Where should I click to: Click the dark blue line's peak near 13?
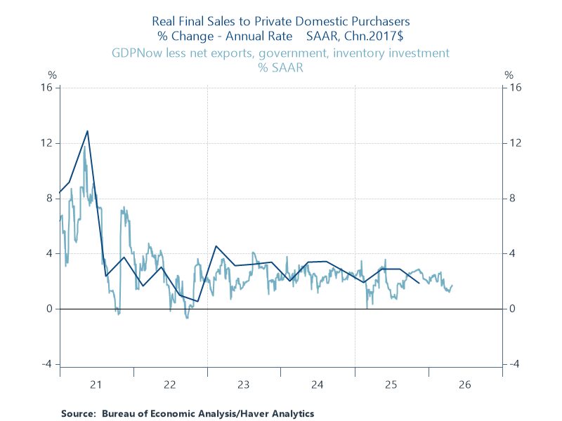[x=87, y=131]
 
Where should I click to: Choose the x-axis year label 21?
[x=96, y=385]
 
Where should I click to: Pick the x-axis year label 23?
[x=244, y=385]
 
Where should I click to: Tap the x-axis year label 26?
[x=465, y=385]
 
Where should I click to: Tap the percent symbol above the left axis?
[x=51, y=74]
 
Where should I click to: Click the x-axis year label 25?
[x=391, y=385]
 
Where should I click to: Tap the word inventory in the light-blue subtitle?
[x=372, y=53]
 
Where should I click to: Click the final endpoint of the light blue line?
[x=452, y=286]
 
